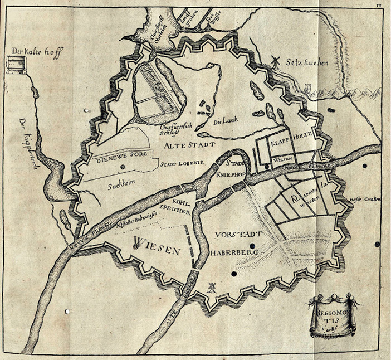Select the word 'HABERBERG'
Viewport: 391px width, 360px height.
coord(231,252)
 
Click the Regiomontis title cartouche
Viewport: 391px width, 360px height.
coord(333,316)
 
